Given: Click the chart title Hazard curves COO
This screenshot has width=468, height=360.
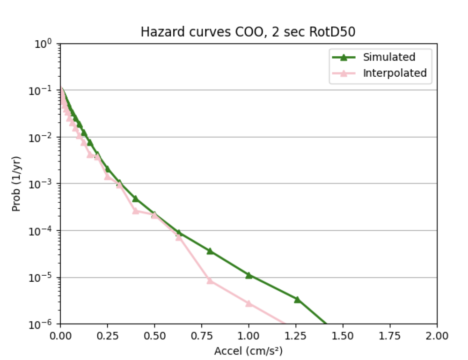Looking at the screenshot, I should click(x=248, y=32).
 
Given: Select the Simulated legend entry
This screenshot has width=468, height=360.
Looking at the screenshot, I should click(x=389, y=57).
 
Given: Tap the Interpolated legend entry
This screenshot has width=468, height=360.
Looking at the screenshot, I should click(x=395, y=73).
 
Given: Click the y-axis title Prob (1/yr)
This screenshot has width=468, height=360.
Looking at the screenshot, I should click(x=16, y=184).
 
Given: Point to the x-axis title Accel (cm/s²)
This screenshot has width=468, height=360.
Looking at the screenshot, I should click(x=248, y=351).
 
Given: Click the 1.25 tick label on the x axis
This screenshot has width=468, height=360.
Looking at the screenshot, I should click(x=296, y=336).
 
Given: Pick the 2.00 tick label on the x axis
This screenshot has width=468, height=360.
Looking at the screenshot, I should click(x=437, y=336).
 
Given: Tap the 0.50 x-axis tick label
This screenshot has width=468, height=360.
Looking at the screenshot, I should click(x=154, y=336).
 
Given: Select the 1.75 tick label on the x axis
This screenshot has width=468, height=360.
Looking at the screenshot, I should click(x=390, y=336).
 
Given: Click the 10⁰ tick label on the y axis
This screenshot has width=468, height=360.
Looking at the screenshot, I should click(x=46, y=44).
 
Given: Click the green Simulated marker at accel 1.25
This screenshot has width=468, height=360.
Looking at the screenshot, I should click(x=297, y=299).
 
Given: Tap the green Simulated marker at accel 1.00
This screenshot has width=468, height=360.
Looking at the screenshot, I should click(x=249, y=275).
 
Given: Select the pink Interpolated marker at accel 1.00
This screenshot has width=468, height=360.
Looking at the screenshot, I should click(x=249, y=303).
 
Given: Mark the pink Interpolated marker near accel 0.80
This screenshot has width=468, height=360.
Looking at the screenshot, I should click(x=210, y=280).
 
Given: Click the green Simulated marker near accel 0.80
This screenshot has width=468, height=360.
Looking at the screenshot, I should click(x=210, y=251).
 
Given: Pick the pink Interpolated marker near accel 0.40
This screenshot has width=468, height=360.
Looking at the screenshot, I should click(x=136, y=211).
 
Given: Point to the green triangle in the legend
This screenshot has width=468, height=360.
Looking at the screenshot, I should click(x=344, y=57).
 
